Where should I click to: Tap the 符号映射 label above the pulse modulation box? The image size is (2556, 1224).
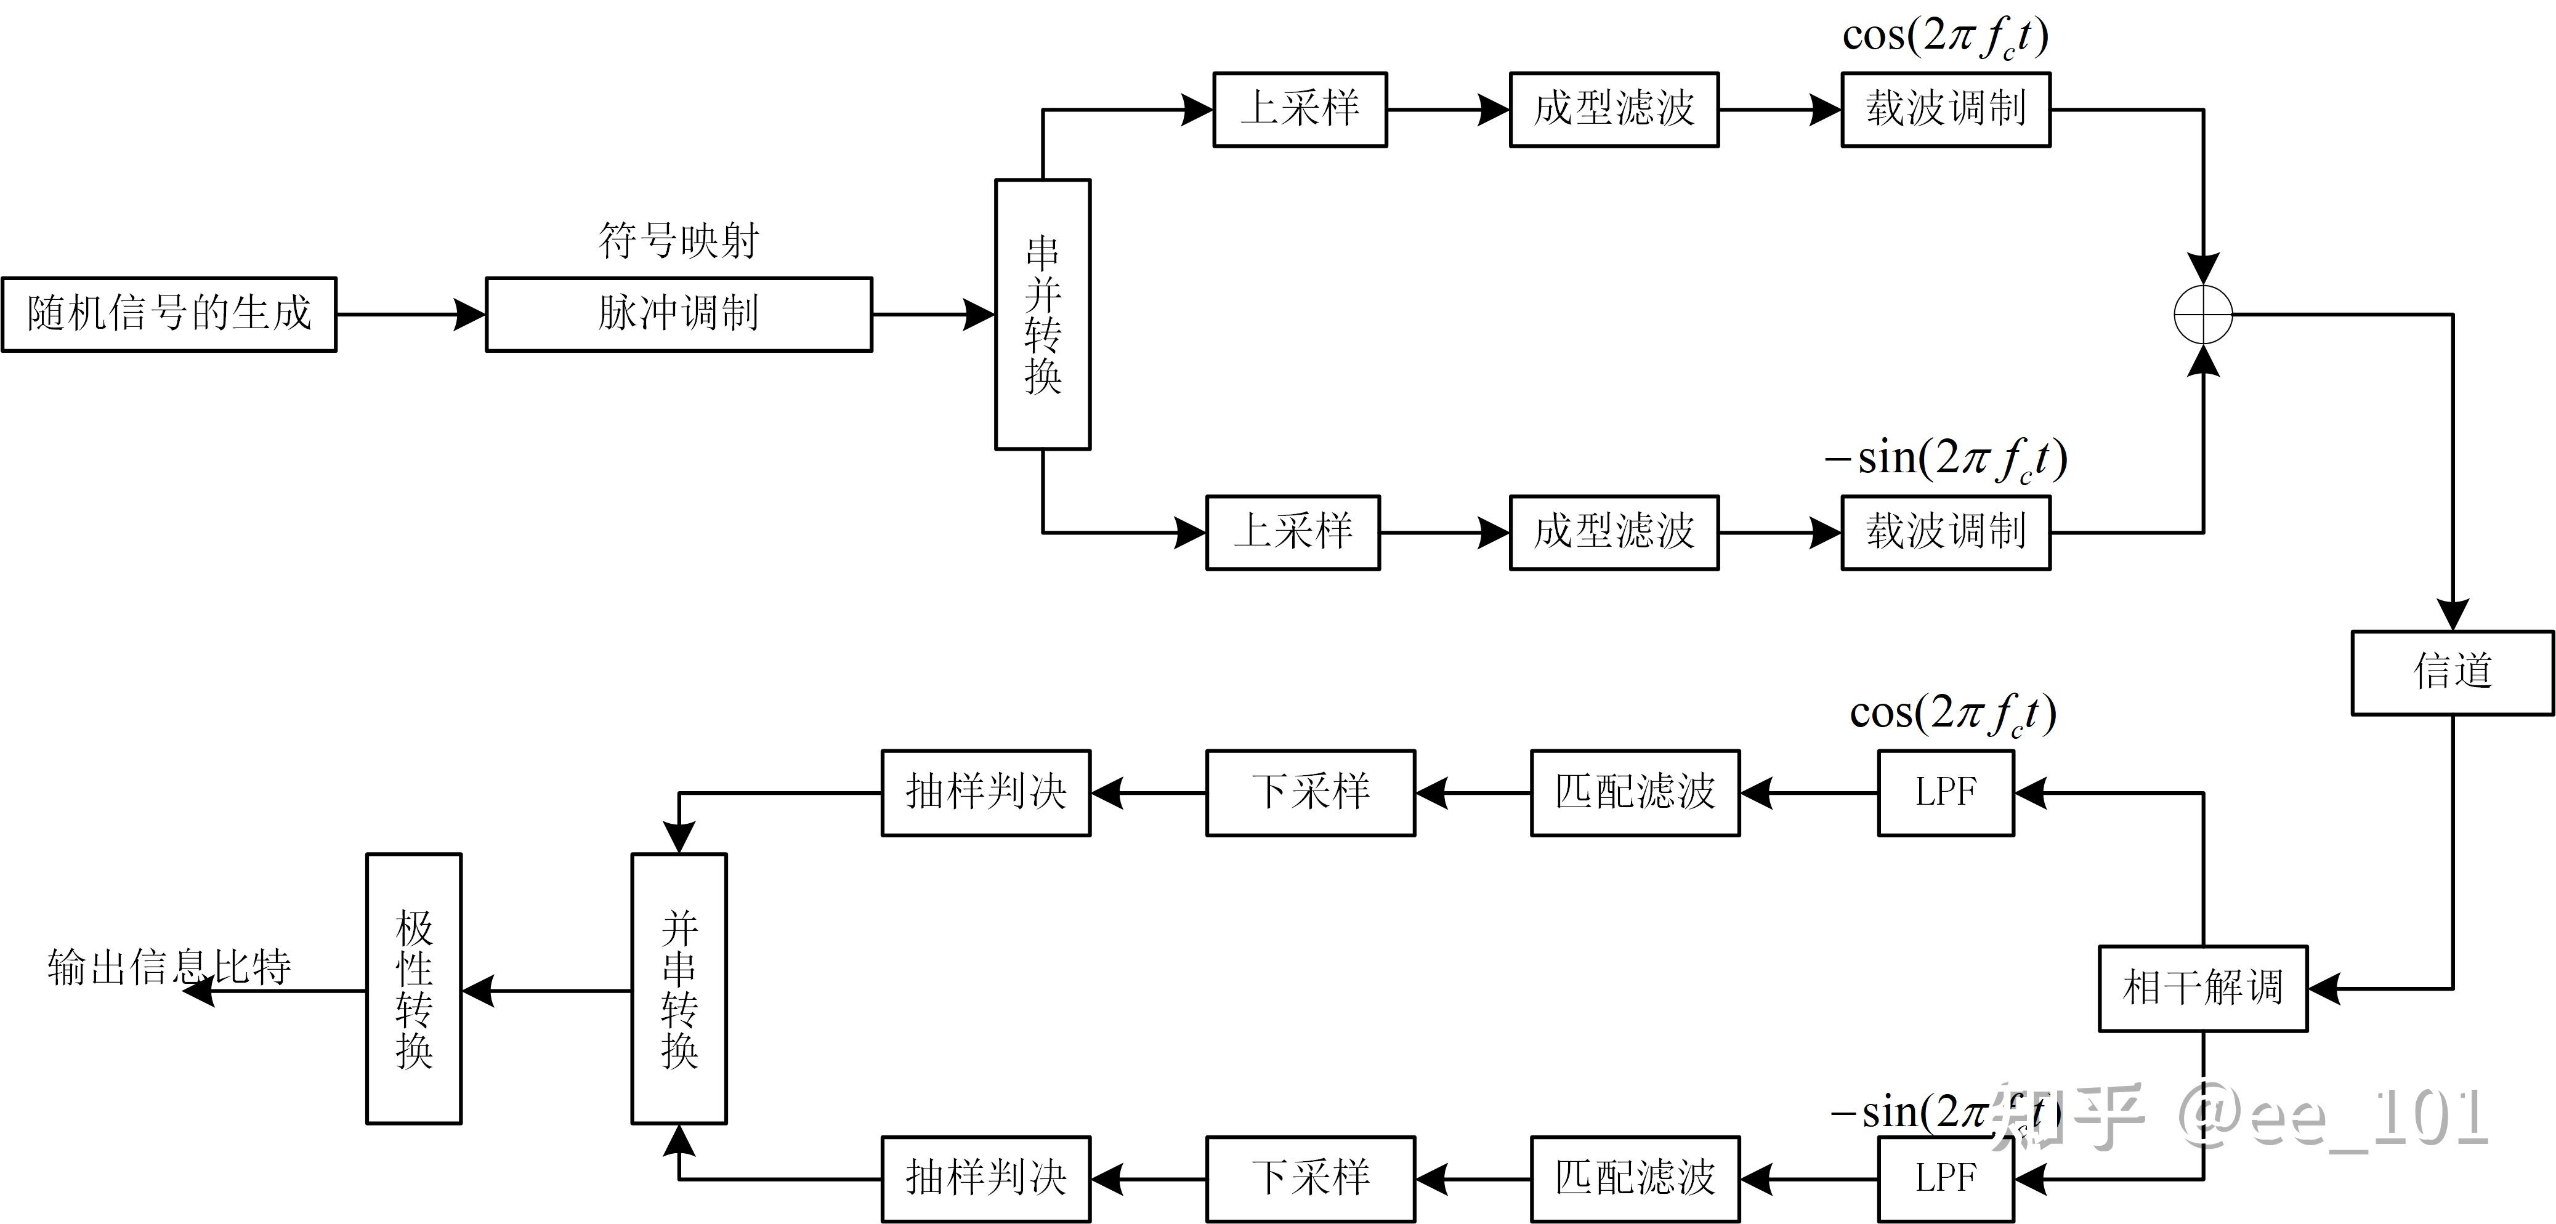[x=679, y=241]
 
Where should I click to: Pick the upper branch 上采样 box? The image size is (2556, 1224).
[x=1300, y=109]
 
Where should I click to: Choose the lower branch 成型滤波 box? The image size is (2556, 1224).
[x=1614, y=533]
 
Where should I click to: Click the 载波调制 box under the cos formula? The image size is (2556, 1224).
[x=1945, y=109]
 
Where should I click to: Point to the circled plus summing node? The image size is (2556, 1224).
[x=2202, y=315]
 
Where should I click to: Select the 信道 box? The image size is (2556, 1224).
[x=2452, y=672]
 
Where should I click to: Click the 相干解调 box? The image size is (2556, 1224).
[x=2202, y=988]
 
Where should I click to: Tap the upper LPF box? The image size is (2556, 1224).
[x=1945, y=792]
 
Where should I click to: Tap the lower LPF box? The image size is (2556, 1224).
[x=1945, y=1178]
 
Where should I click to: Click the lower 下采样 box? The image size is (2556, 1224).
[x=1310, y=1178]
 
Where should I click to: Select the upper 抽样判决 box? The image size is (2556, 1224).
[x=985, y=792]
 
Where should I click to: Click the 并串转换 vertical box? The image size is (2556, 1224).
[x=679, y=988]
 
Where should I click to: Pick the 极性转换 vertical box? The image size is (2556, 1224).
[x=414, y=988]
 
